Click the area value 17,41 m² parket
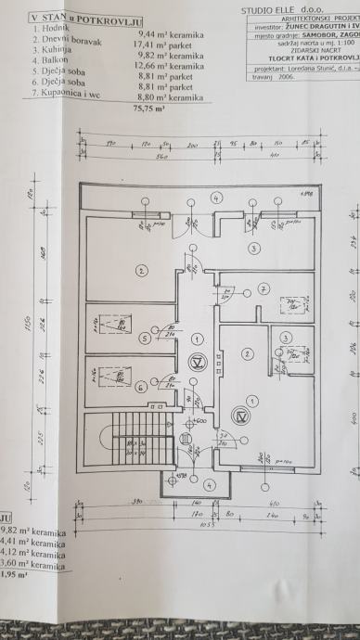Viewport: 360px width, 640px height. (174, 43)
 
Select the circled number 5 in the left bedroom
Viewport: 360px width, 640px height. (143, 339)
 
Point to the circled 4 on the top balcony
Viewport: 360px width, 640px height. (215, 198)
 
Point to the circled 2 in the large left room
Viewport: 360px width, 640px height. (141, 271)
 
